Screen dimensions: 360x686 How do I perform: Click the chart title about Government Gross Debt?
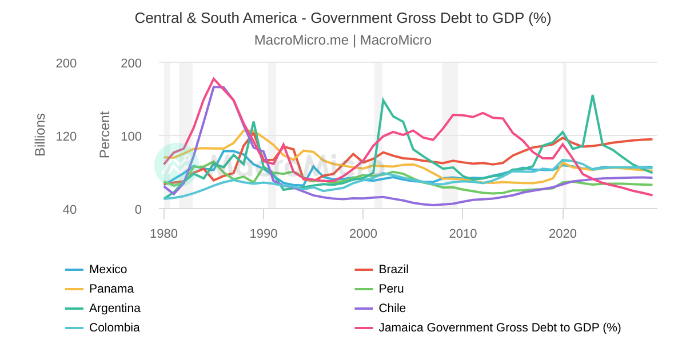(x=342, y=18)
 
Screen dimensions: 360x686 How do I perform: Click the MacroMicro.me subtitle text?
(x=342, y=40)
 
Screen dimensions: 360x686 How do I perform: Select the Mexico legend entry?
(x=108, y=269)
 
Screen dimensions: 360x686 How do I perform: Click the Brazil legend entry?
(x=393, y=269)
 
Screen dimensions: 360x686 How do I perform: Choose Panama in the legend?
(x=111, y=289)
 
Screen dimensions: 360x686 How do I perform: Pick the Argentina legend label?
(x=114, y=308)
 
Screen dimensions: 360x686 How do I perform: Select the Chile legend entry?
(x=392, y=308)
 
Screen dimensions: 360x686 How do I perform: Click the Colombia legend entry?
(x=114, y=327)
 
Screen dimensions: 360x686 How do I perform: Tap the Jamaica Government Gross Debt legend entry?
(x=499, y=327)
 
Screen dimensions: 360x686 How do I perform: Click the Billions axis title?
(x=40, y=135)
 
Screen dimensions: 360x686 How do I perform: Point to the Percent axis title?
(x=105, y=135)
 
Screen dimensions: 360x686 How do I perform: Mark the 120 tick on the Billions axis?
(x=66, y=136)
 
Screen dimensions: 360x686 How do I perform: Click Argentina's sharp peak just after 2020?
(x=593, y=95)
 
